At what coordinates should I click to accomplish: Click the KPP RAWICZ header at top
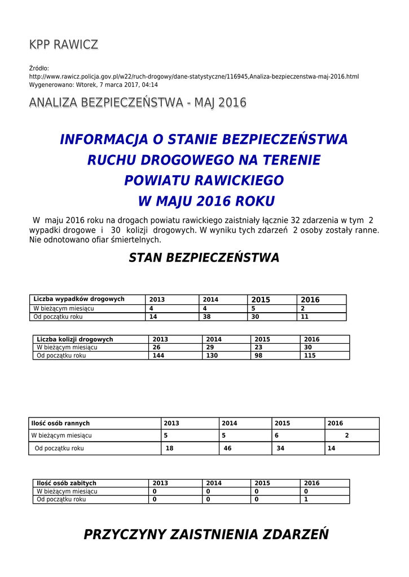tap(63, 45)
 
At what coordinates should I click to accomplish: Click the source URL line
tap(193, 77)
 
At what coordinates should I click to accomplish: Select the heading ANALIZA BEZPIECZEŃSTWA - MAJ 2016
tap(138, 103)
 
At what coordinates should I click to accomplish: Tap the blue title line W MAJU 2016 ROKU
tap(206, 201)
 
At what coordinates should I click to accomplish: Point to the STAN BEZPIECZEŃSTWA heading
tap(204, 258)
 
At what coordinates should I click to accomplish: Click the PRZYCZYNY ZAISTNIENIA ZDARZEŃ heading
tap(206, 534)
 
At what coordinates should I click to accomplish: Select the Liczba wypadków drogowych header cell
tap(79, 299)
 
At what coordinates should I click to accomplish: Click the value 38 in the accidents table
tap(207, 317)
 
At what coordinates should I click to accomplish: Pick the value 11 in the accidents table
tap(305, 317)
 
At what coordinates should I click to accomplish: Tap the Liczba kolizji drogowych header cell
tap(75, 339)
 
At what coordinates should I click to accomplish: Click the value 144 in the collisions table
tap(159, 356)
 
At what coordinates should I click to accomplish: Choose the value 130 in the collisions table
tap(212, 356)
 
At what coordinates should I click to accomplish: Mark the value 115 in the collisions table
tap(310, 356)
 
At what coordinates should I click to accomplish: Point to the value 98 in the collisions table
tap(259, 356)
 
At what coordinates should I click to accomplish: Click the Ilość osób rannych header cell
tap(60, 423)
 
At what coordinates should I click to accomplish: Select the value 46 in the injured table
tap(228, 449)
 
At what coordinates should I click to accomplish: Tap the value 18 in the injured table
tap(169, 449)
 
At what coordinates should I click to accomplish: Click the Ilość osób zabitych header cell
tap(67, 483)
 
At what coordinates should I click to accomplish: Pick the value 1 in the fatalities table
tap(306, 499)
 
